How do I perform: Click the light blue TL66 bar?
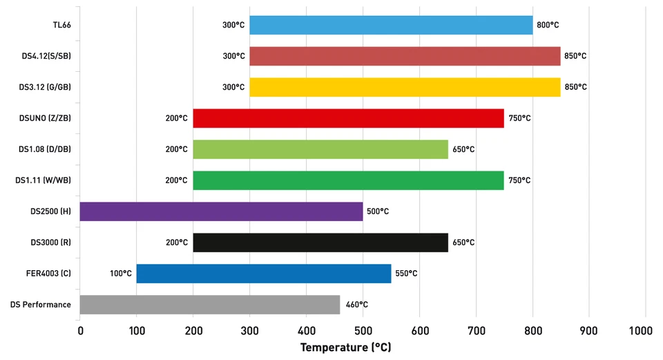pos(391,25)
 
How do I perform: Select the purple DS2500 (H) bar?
pos(221,211)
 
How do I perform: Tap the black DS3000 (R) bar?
pos(320,243)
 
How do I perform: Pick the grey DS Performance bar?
pos(210,305)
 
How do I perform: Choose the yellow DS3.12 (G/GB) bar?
pos(405,87)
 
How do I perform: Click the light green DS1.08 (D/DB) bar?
pos(320,149)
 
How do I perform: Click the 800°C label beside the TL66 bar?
pos(548,25)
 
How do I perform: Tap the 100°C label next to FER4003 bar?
pos(120,274)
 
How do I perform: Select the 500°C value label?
pos(378,211)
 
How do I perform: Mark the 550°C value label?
pos(406,274)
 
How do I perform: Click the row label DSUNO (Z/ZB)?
pos(45,118)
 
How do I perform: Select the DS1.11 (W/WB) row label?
pos(44,180)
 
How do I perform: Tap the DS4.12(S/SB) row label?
pos(46,56)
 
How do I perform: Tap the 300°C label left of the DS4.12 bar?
pos(233,56)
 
